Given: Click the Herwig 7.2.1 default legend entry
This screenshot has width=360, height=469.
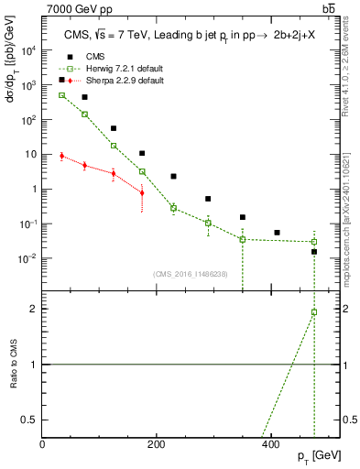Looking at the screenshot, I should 111,69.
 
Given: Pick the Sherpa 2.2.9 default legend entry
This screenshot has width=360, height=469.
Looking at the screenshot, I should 111,81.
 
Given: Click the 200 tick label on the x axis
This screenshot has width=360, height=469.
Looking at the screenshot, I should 157,444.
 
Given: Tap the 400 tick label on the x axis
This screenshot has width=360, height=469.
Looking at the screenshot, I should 270,444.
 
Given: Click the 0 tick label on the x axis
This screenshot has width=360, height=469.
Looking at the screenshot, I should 43,444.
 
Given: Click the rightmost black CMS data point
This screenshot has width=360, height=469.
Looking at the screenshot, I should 314,251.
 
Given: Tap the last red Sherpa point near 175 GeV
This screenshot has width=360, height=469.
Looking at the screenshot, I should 142,192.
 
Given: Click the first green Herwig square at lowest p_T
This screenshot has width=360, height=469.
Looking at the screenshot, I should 61,95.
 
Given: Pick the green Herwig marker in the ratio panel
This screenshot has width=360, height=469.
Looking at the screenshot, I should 314,312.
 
